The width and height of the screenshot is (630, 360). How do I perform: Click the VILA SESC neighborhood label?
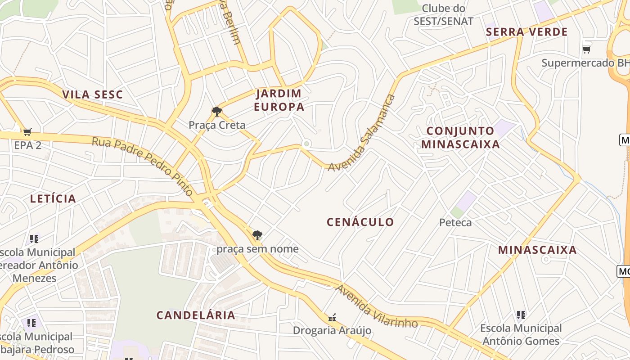(x=92, y=94)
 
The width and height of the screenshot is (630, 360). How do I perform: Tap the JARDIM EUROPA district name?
(x=279, y=100)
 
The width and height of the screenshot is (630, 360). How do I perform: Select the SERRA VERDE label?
(x=527, y=32)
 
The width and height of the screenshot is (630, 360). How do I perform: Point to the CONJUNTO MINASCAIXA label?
(x=463, y=138)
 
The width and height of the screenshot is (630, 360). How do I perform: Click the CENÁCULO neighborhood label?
(x=360, y=222)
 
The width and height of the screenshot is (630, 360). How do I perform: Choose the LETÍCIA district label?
(x=53, y=198)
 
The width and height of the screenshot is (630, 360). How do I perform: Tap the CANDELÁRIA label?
(x=196, y=315)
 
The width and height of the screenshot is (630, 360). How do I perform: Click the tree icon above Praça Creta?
(x=217, y=111)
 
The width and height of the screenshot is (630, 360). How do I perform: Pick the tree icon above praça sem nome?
(x=257, y=235)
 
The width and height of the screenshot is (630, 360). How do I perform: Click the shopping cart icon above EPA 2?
(x=27, y=132)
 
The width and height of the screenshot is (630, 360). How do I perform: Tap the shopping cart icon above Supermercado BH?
(x=586, y=49)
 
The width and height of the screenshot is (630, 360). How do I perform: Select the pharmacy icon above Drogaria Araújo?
(x=332, y=318)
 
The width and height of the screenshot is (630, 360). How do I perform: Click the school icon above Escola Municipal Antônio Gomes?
(x=521, y=315)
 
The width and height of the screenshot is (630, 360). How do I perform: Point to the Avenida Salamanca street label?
(x=362, y=133)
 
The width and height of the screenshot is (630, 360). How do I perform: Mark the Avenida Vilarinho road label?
(x=377, y=306)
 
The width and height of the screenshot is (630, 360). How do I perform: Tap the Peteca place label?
(x=455, y=222)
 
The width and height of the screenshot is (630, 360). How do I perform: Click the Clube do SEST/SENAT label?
(x=444, y=15)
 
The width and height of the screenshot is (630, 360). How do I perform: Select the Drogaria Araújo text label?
(x=332, y=331)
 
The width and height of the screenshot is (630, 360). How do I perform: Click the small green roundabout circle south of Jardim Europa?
(x=306, y=144)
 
